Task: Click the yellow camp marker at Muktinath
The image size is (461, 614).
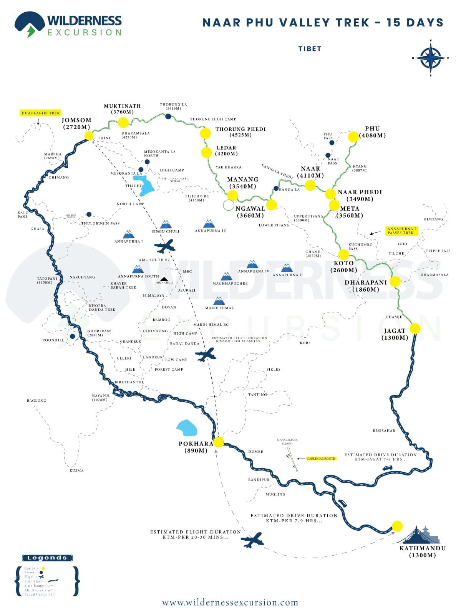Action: click(123, 122)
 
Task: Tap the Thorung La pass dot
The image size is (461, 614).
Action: click(168, 116)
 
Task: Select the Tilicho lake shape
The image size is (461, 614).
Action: click(143, 185)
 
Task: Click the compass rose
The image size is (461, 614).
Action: click(431, 58)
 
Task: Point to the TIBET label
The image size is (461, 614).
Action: click(310, 49)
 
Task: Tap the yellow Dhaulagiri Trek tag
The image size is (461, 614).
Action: click(41, 113)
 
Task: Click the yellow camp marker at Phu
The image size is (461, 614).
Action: click(353, 137)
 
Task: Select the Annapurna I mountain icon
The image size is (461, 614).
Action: click(128, 234)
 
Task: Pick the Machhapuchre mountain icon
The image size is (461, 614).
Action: click(226, 276)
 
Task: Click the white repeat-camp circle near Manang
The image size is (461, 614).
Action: click(228, 205)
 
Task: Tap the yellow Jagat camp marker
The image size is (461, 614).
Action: click(415, 328)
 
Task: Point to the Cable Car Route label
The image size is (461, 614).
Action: click(321, 459)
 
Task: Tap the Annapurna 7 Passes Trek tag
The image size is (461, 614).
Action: click(401, 231)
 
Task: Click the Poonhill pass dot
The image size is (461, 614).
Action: click(73, 337)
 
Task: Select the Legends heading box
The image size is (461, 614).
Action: click(47, 558)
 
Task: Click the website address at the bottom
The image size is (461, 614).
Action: click(230, 602)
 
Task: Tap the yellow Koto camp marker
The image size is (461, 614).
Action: click(343, 254)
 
